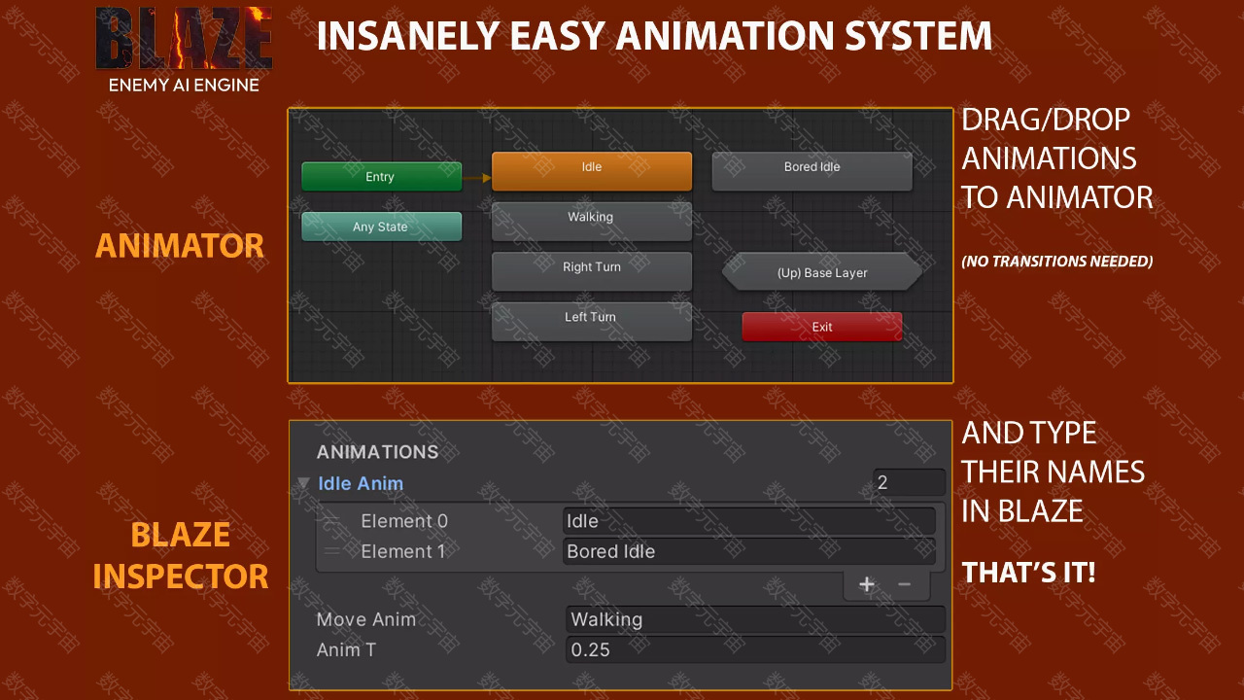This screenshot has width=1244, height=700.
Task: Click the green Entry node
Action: pos(382,177)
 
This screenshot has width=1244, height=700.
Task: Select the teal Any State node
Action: pos(382,227)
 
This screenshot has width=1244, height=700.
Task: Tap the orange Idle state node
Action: pos(592,171)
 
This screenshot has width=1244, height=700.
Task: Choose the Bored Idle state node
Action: pos(812,171)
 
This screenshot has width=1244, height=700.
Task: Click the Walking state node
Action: pos(592,221)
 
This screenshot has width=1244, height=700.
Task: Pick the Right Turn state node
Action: pos(592,271)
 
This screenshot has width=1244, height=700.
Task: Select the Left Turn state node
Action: pos(592,321)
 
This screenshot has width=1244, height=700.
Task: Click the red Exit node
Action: pos(822,327)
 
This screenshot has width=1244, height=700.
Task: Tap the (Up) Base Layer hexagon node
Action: pos(822,271)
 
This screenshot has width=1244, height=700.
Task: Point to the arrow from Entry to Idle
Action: pos(477,178)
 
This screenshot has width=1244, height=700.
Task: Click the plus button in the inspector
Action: pos(867,584)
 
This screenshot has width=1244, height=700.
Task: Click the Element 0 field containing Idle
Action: pos(749,521)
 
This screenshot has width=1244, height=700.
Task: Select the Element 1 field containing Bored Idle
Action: pos(749,551)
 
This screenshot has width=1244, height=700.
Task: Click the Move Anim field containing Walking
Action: pos(755,619)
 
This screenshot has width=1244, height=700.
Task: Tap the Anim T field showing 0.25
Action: pos(755,650)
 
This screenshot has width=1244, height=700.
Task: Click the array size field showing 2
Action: pos(909,482)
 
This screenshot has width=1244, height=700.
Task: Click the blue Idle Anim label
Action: pos(361,483)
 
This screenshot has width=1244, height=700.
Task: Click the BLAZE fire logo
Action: pos(184,38)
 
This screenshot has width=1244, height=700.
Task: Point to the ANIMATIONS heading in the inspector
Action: pos(378,452)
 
